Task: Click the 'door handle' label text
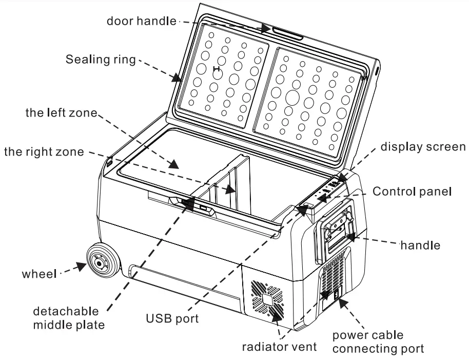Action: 141,21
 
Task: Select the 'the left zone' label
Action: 61,113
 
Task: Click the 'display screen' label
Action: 423,146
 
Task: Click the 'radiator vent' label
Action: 279,346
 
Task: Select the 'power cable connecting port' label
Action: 378,342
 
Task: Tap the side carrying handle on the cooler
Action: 336,229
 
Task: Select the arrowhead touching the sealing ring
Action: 177,77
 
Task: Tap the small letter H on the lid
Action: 217,68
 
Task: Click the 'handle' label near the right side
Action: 420,245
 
